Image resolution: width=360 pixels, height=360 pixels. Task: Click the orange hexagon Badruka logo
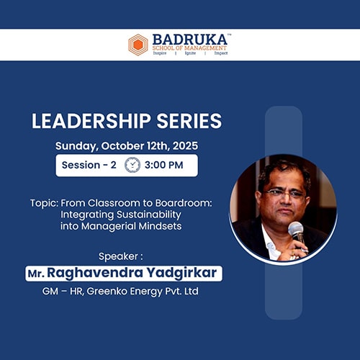pyautogui.click(x=138, y=45)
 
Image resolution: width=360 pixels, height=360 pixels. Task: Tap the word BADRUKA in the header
pyautogui.click(x=190, y=40)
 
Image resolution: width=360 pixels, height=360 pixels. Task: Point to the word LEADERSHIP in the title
pyautogui.click(x=91, y=121)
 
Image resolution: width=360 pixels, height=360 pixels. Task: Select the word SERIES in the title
pyautogui.click(x=189, y=121)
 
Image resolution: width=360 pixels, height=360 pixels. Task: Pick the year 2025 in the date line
pyautogui.click(x=185, y=145)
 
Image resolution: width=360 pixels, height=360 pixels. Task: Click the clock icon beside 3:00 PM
pyautogui.click(x=132, y=165)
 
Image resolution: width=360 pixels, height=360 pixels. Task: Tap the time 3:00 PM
pyautogui.click(x=163, y=165)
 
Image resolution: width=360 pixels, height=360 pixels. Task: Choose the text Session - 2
pyautogui.click(x=89, y=165)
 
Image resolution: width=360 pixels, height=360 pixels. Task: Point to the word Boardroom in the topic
pyautogui.click(x=184, y=203)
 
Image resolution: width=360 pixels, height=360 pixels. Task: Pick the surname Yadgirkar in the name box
pyautogui.click(x=181, y=273)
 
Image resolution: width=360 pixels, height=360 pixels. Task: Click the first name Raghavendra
pyautogui.click(x=95, y=273)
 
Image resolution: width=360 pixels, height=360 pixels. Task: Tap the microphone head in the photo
pyautogui.click(x=295, y=229)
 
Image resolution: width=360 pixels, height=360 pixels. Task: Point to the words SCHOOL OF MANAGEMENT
pyautogui.click(x=189, y=48)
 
